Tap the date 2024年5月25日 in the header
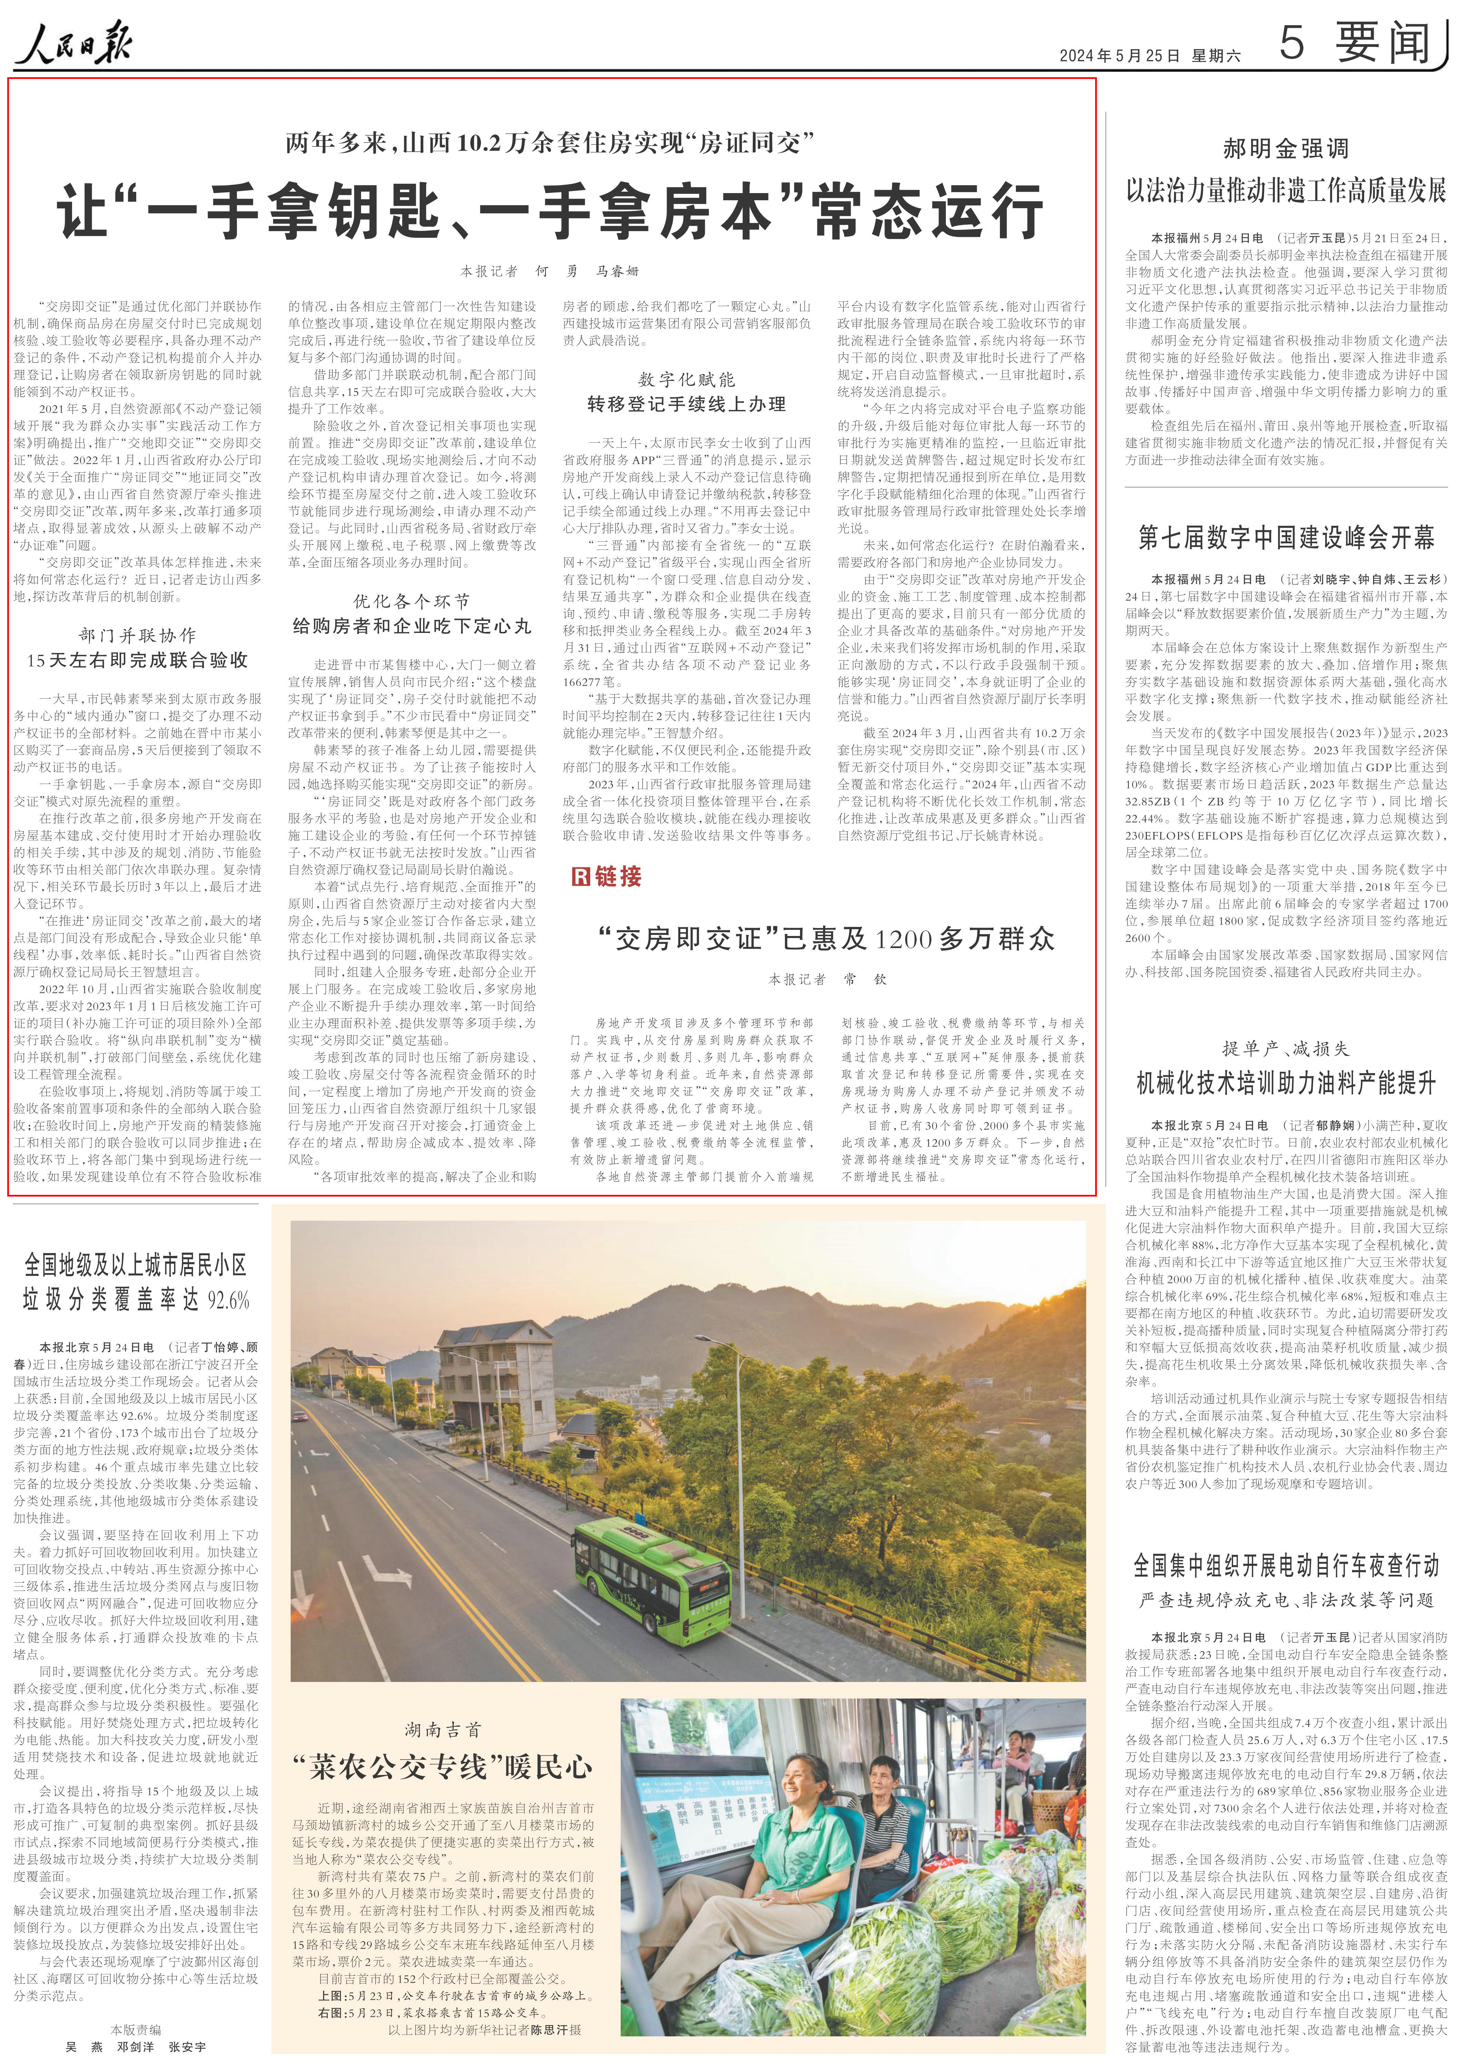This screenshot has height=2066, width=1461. [1119, 55]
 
